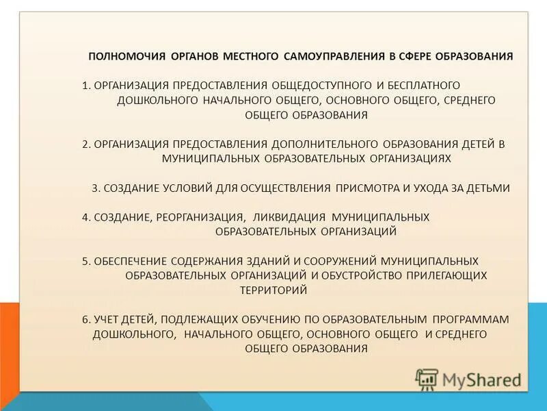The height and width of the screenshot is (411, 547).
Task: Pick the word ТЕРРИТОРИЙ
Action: pos(273,290)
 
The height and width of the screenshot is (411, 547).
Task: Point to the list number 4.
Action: pos(85,217)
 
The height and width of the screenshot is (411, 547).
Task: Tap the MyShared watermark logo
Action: pos(468,379)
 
